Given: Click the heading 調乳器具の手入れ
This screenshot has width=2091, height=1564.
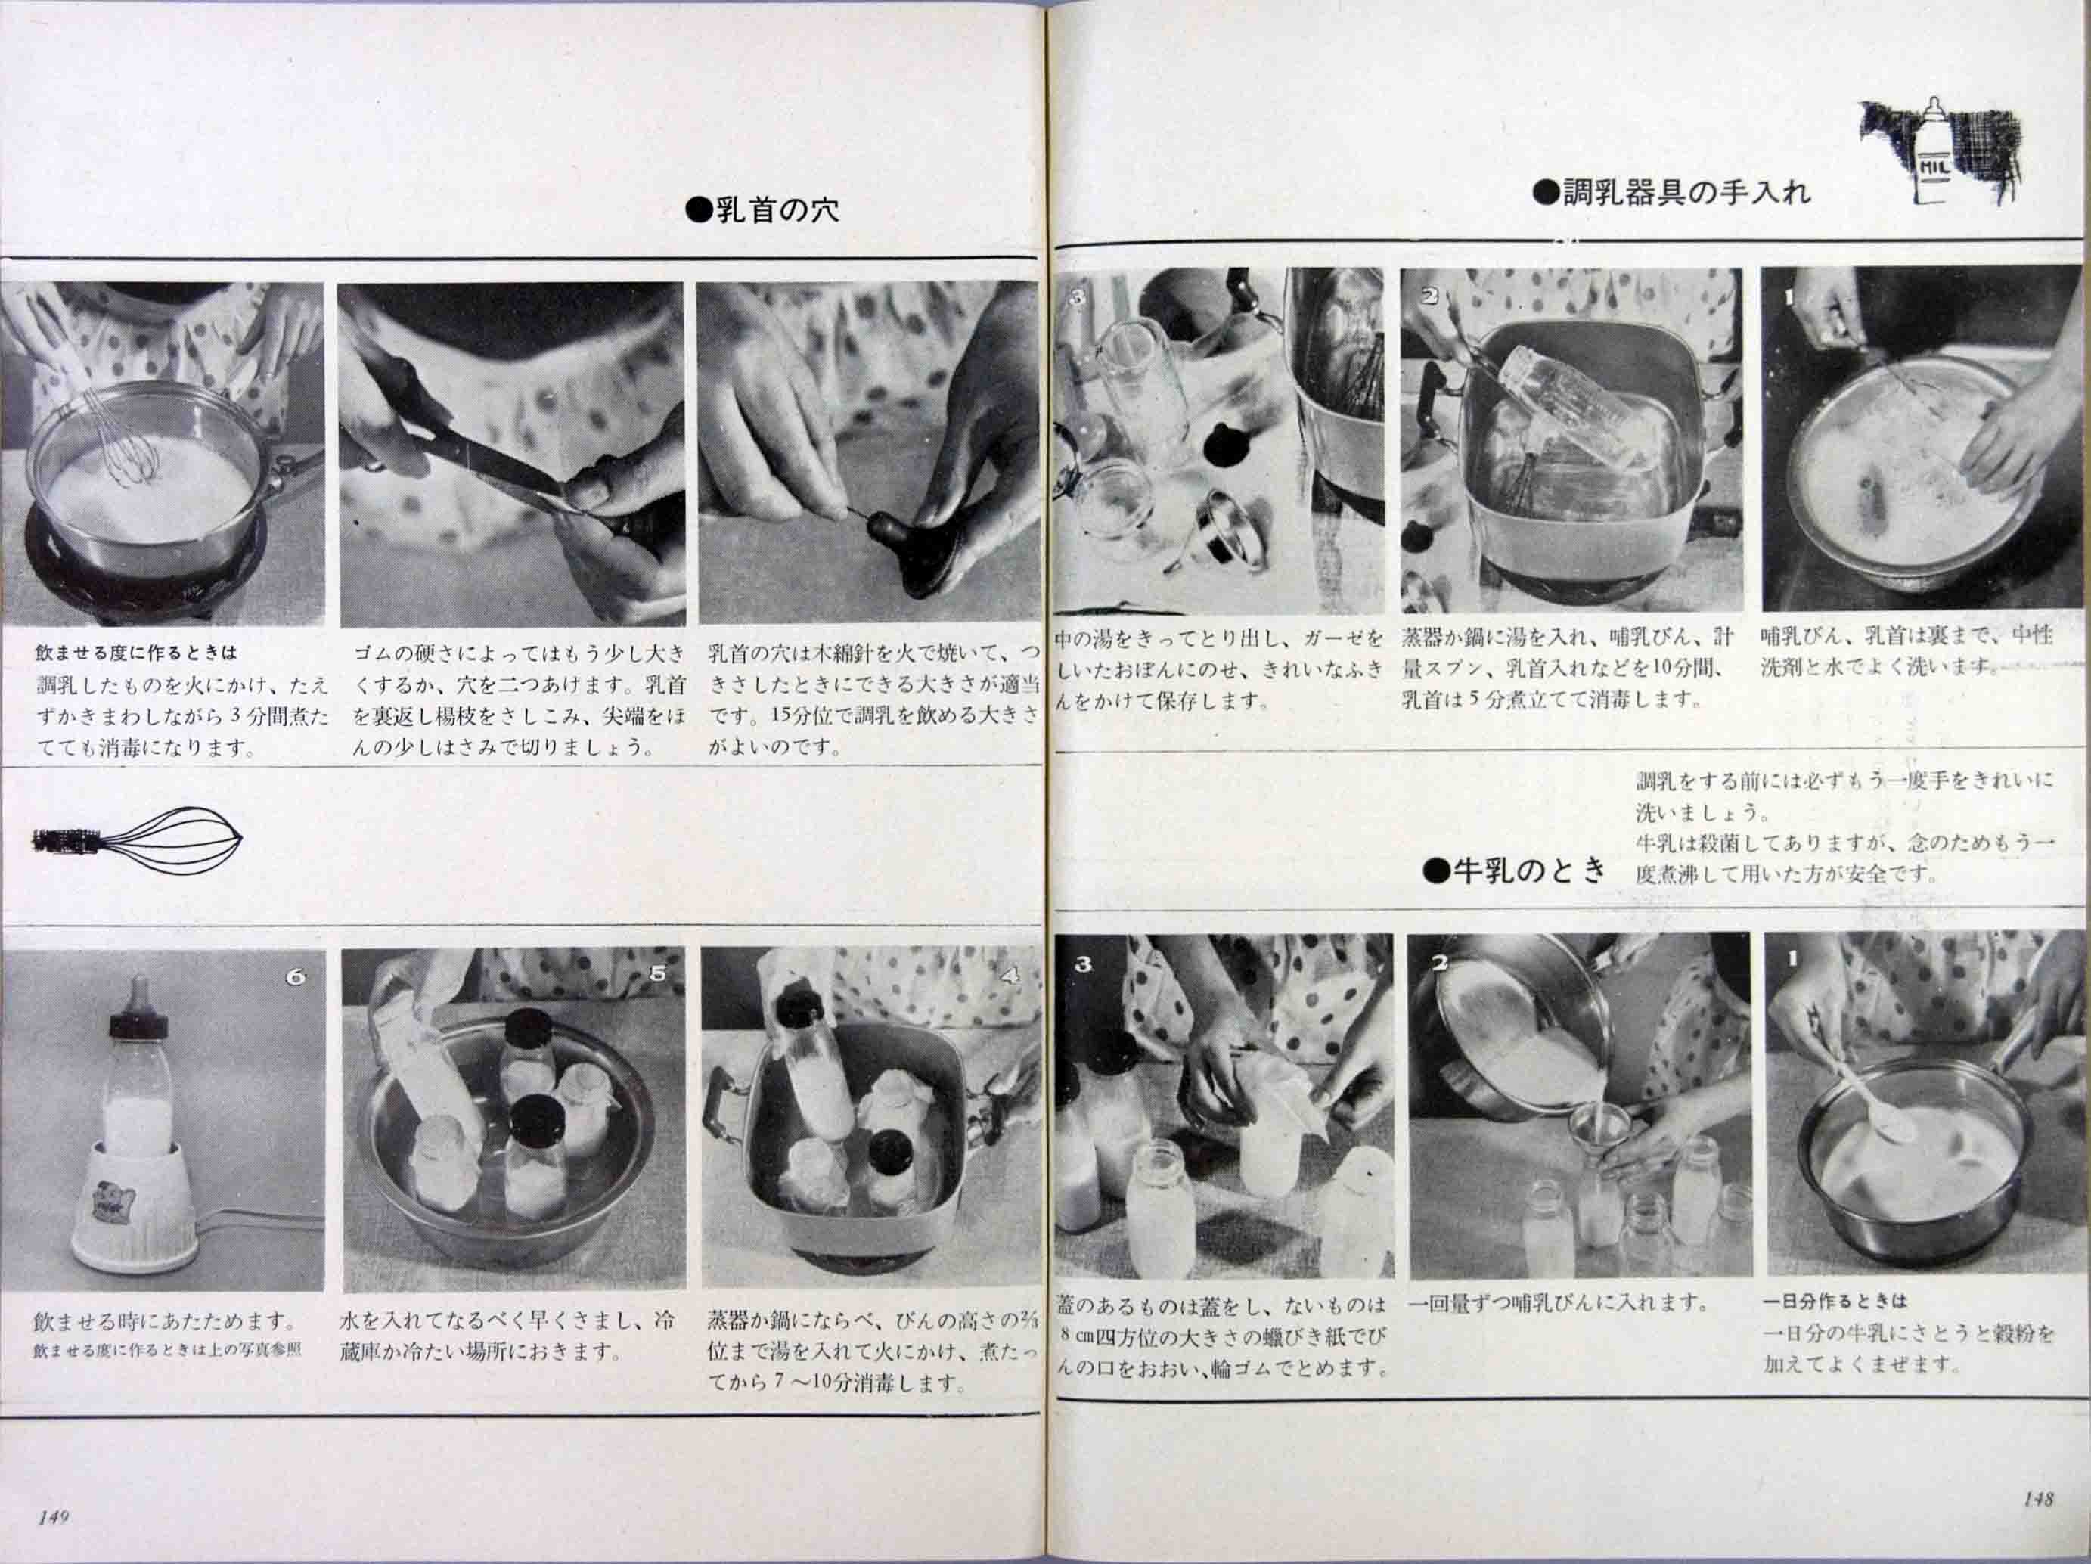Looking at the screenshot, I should point(1671,193).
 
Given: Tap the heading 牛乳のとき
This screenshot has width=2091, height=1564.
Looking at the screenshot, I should point(1516,870).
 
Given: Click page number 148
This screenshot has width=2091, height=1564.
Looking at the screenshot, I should point(2038,1500).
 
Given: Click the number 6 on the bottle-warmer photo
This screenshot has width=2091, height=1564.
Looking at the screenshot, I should point(295,978).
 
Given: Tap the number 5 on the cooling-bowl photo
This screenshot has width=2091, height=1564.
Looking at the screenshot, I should point(658,974).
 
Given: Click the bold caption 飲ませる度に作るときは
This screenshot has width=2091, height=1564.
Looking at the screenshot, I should point(136,653).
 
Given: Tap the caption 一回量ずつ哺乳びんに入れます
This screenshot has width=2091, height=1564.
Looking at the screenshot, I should point(1559,1303).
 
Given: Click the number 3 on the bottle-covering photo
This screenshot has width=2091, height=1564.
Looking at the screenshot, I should point(1083,964).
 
